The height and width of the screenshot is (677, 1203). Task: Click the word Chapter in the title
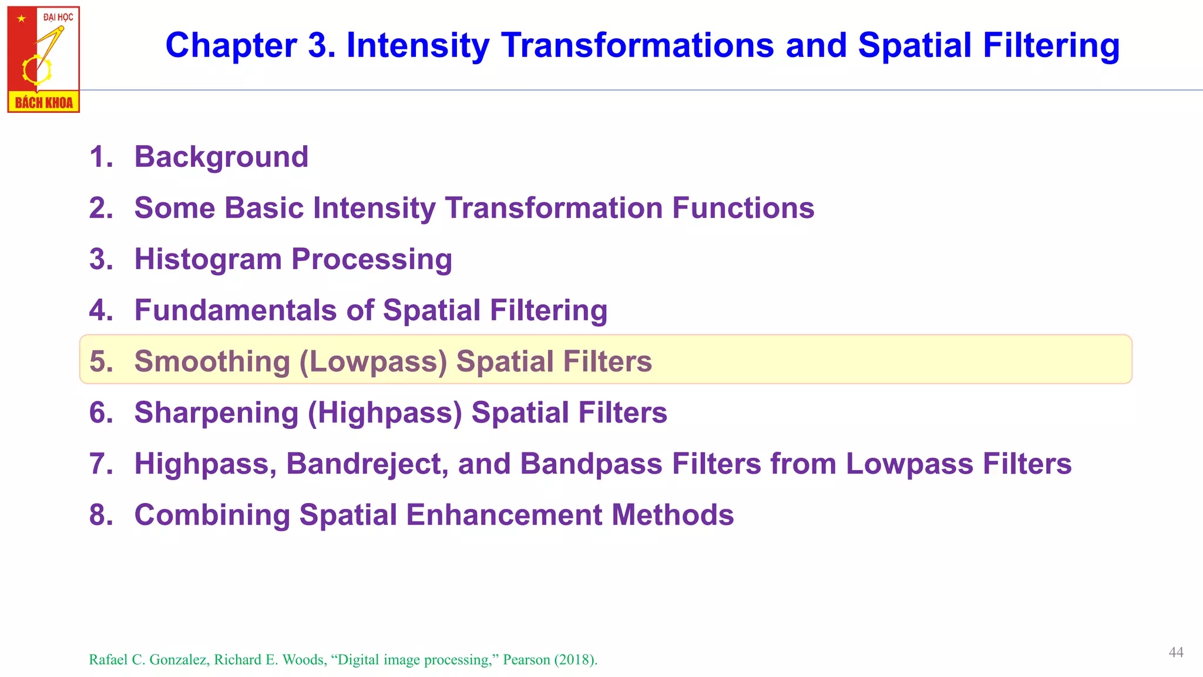click(231, 45)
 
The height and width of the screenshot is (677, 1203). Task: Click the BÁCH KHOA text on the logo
click(44, 103)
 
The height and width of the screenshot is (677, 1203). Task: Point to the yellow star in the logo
click(22, 19)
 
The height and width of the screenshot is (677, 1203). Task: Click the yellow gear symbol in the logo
click(36, 70)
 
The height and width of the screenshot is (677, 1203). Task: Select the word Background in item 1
click(221, 157)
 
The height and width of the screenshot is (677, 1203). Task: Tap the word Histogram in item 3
click(208, 259)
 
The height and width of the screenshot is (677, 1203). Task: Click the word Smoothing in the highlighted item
click(212, 361)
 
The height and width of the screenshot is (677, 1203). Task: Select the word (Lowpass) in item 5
click(373, 361)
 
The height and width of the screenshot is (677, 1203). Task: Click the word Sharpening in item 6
click(216, 413)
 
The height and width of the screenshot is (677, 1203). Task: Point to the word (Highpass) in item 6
click(385, 413)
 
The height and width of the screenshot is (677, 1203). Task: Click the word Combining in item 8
click(212, 515)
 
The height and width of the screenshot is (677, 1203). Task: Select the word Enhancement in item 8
click(504, 515)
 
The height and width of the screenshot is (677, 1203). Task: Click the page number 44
click(1176, 652)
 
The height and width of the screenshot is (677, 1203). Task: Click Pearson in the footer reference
click(526, 660)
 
